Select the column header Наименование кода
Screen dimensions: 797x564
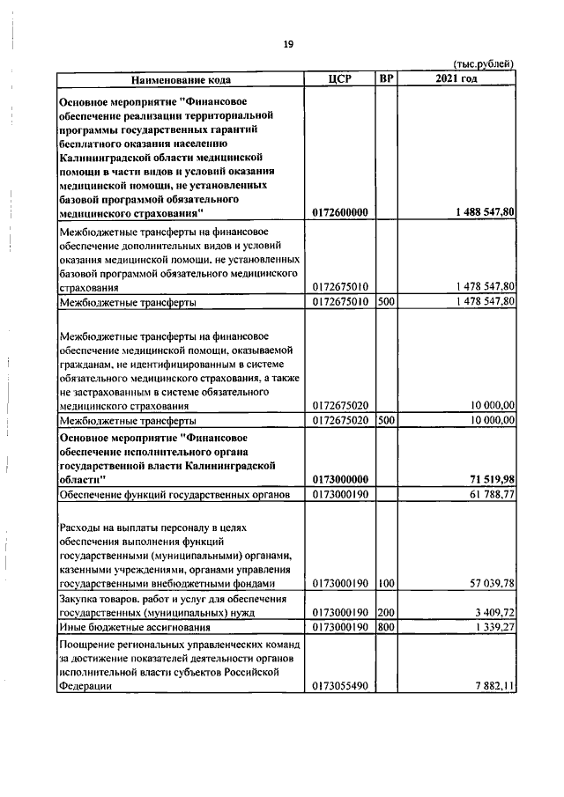click(x=181, y=79)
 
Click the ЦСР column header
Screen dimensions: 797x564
click(x=339, y=78)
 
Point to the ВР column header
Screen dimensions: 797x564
click(x=385, y=78)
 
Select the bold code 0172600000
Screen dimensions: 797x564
click(x=340, y=212)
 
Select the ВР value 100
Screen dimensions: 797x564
click(x=385, y=583)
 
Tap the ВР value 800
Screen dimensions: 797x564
click(x=385, y=627)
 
